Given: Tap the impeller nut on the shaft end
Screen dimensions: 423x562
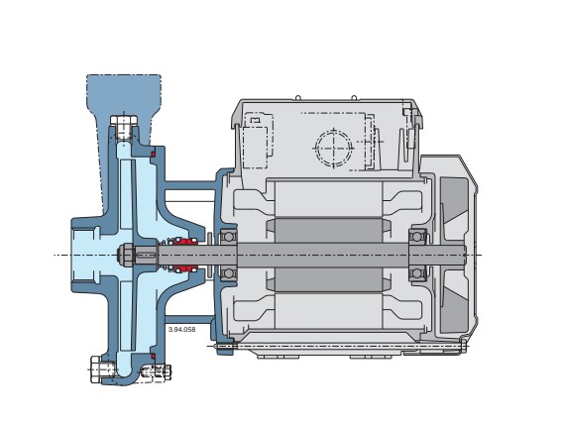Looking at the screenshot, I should pos(129,255).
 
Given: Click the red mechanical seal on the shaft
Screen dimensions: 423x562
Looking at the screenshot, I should pos(183,255).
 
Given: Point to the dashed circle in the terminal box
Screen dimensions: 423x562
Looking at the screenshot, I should pos(333,149).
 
